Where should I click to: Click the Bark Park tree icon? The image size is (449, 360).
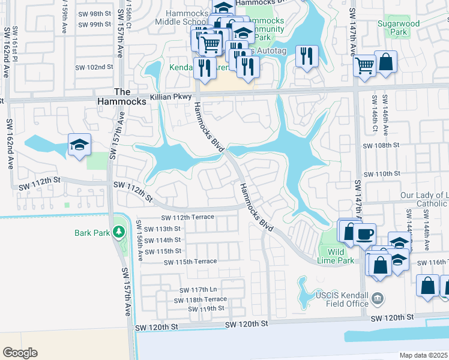(x=119, y=232)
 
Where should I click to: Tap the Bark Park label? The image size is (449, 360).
(x=92, y=232)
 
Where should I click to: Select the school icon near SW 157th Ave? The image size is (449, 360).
(x=79, y=145)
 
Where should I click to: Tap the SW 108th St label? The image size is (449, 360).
(x=381, y=145)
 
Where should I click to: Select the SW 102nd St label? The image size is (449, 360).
(x=94, y=67)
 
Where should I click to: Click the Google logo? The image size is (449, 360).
(x=20, y=353)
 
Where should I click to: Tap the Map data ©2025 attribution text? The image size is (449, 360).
(x=423, y=355)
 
